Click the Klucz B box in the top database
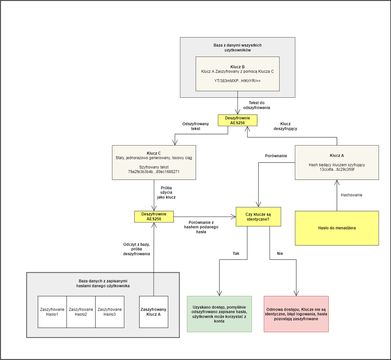(237, 74)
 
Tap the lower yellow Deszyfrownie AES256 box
(154, 216)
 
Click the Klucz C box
(154, 162)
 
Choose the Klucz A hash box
(336, 162)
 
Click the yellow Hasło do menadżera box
(336, 228)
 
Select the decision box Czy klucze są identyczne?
(258, 216)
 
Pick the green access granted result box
(219, 314)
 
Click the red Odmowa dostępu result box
(296, 314)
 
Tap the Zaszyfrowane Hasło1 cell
(52, 312)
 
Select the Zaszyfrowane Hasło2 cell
(81, 312)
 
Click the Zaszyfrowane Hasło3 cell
(110, 312)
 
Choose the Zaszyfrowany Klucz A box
(154, 312)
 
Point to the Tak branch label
(236, 253)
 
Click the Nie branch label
(280, 253)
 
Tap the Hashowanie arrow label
(351, 195)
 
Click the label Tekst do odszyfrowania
(259, 105)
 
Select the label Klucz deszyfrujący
(285, 126)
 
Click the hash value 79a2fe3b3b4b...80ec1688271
(154, 171)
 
